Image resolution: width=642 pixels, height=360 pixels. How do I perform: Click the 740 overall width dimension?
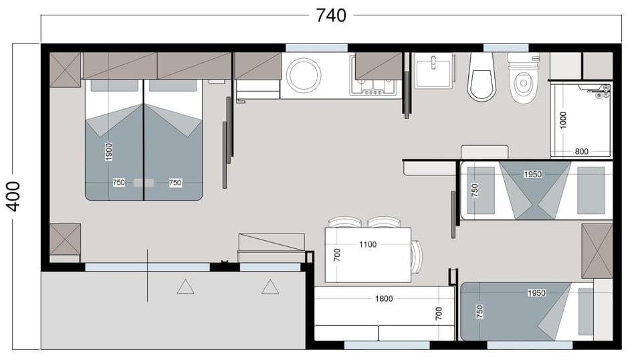[331, 15]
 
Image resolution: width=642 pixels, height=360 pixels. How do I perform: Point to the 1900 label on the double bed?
[109, 152]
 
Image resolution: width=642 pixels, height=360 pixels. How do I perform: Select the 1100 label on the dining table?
[367, 244]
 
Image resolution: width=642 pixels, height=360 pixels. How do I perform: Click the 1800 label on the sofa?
[384, 298]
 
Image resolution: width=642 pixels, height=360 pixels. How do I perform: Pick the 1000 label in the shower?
[563, 120]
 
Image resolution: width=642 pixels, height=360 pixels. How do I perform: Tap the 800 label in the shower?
[581, 151]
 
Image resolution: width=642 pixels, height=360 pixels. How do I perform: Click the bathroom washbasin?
[433, 71]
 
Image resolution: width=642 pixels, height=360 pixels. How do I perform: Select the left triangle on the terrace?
[185, 287]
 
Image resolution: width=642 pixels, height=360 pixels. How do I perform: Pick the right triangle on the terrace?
[270, 287]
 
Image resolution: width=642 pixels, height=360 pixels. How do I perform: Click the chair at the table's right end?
[417, 257]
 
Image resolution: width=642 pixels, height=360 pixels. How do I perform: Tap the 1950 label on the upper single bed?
[533, 174]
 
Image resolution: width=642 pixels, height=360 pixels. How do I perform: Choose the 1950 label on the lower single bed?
[536, 293]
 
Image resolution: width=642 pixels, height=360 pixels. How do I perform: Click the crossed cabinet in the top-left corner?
[66, 70]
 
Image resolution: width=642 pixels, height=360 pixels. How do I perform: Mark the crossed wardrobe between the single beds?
[597, 251]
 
